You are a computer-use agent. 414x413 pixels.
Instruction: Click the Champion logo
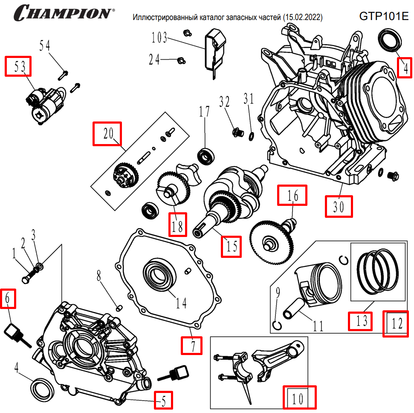(64, 13)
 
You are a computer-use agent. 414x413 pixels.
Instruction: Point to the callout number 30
(339, 207)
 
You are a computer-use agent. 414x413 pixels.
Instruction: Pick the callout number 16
(292, 195)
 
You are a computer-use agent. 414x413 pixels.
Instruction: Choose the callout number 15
(231, 246)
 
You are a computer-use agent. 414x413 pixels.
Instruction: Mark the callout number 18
(177, 224)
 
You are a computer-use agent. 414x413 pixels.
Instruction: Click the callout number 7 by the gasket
(191, 345)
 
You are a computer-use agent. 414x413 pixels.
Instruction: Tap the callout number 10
(300, 398)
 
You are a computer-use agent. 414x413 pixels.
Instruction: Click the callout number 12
(395, 323)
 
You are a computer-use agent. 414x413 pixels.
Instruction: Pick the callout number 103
(159, 38)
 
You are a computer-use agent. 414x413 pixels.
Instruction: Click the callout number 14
(181, 303)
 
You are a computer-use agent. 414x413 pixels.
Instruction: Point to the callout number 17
(204, 112)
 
